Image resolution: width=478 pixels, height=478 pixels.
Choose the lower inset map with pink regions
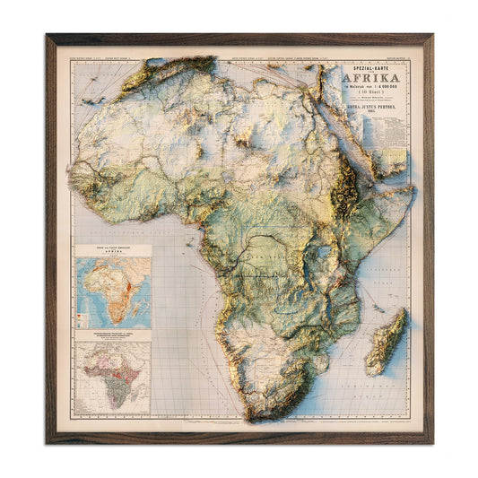point(114,376)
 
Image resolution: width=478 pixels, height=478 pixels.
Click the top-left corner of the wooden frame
point(48,37)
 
